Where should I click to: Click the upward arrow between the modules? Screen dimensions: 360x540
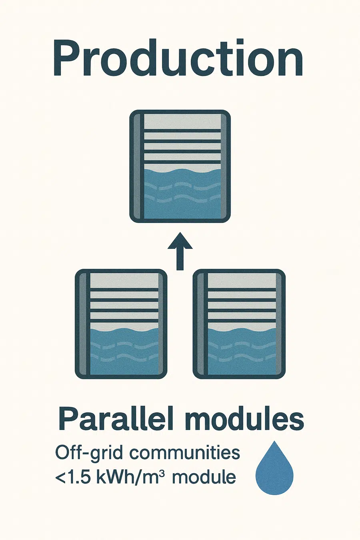(x=180, y=251)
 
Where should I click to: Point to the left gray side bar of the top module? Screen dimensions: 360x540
(x=137, y=166)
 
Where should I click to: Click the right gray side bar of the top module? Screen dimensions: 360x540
(x=224, y=166)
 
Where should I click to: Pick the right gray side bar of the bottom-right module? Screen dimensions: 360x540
(x=279, y=324)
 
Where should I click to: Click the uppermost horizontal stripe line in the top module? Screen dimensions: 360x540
(x=182, y=131)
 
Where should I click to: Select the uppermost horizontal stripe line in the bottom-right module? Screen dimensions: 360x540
(x=242, y=290)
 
